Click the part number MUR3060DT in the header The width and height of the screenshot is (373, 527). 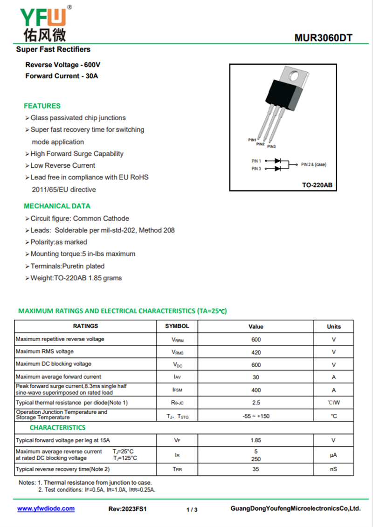[x=323, y=38]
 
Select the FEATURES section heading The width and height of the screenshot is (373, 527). [x=42, y=106]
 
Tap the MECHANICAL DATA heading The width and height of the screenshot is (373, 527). [x=57, y=206]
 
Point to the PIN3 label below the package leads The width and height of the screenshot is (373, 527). [x=272, y=147]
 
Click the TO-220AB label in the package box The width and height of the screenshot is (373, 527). [x=317, y=185]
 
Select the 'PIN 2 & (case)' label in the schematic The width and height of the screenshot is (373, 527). [x=314, y=164]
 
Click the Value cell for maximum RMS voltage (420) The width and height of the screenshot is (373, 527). [x=256, y=352]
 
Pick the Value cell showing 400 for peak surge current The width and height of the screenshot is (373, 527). [x=256, y=390]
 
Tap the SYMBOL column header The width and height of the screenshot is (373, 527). [x=177, y=326]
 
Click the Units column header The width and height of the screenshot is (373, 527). [x=334, y=327]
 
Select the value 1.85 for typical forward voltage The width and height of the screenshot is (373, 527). [x=256, y=440]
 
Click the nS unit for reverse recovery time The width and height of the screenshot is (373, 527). [x=333, y=469]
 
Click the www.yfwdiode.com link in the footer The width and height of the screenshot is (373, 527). [x=46, y=509]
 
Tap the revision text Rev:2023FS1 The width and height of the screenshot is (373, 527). [x=127, y=509]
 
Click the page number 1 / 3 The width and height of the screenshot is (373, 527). [x=192, y=510]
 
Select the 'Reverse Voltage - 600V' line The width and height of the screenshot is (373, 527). [x=63, y=65]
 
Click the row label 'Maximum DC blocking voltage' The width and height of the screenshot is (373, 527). [x=54, y=364]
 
